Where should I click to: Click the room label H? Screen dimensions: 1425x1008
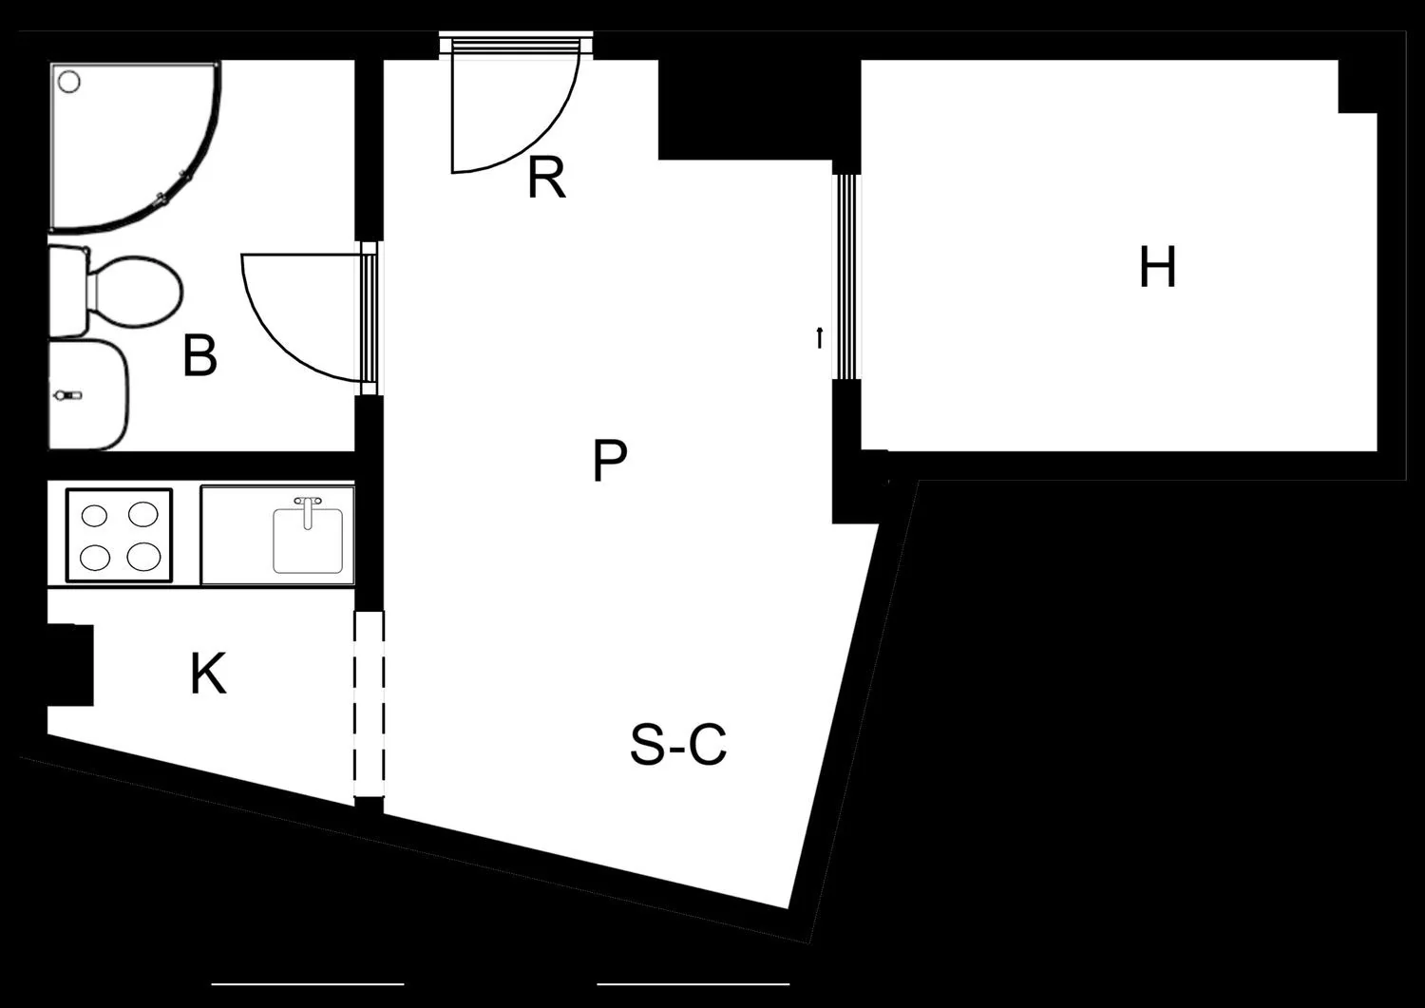pos(1157,267)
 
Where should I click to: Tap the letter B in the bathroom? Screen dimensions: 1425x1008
pos(199,355)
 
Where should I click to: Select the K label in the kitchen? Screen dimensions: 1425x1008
pos(208,674)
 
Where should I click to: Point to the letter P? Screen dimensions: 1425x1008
pos(610,461)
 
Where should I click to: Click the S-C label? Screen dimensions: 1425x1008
pos(678,744)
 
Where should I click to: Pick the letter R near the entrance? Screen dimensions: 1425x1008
pos(546,179)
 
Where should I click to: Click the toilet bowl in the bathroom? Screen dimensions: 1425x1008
pos(135,290)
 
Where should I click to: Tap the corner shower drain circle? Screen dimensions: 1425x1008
pos(68,82)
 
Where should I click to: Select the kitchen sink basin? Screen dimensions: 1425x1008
pos(308,540)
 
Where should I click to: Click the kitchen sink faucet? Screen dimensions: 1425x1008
pos(308,512)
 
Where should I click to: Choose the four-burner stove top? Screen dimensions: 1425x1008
pos(119,535)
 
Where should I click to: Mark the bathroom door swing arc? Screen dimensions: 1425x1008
pos(280,337)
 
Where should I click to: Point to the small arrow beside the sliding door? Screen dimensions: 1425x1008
pos(819,338)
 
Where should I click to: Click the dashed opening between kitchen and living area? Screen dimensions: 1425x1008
pos(369,704)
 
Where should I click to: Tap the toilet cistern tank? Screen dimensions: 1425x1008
pos(68,292)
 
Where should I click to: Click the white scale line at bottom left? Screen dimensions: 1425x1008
pos(308,984)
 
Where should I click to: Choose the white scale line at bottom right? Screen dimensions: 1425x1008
pos(693,984)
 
